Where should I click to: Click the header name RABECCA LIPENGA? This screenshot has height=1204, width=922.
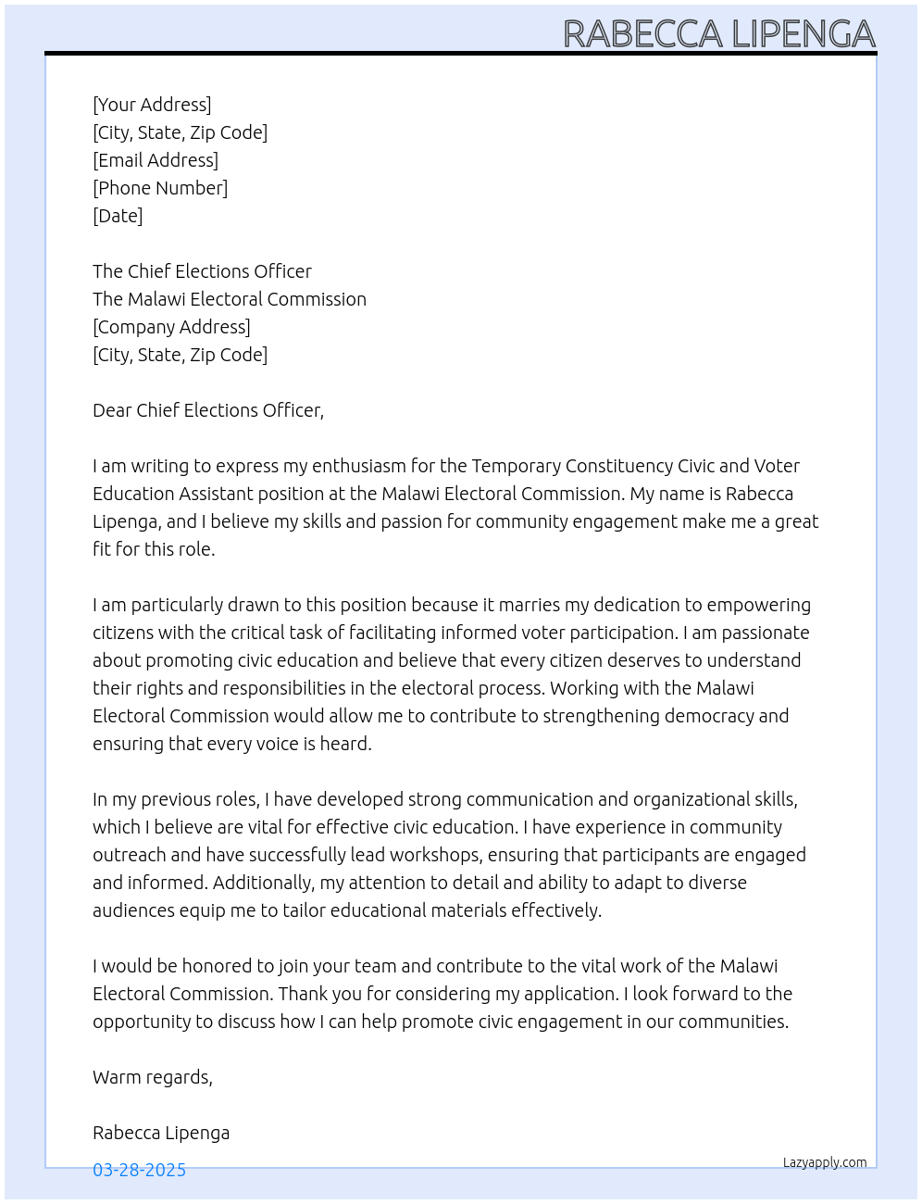coord(719,34)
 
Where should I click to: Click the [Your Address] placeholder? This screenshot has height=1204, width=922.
coord(152,105)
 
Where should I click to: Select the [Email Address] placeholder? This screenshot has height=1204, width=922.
coord(156,160)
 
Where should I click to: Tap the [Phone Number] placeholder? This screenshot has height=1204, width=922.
coord(160,188)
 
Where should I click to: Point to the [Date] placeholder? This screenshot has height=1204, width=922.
coord(118,216)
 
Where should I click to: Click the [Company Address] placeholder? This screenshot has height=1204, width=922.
coord(171,327)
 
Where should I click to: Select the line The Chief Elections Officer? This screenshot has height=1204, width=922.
coord(202,271)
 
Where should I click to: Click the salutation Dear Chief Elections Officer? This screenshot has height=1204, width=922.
coord(207,410)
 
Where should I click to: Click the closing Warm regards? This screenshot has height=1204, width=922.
coord(152,1077)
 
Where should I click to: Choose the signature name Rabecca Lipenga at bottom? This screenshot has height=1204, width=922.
coord(161,1133)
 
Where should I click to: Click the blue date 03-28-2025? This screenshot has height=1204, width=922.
coord(139,1170)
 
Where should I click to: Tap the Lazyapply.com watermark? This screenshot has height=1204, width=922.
coord(825,1162)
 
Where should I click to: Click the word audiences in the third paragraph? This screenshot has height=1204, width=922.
coord(132,910)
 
